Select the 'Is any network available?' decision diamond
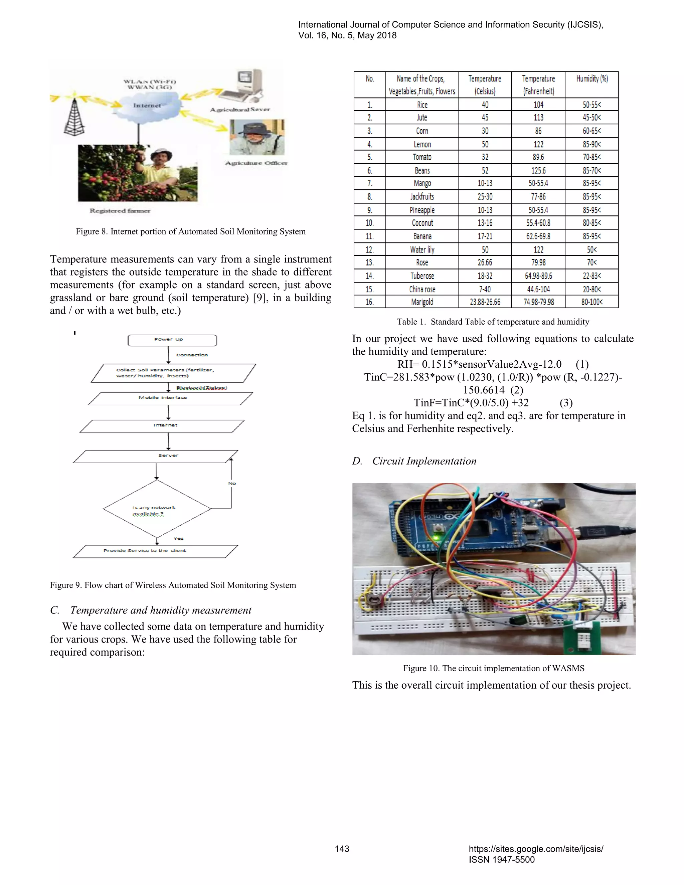point(157,509)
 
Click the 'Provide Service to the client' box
point(156,551)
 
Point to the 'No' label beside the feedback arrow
point(232,484)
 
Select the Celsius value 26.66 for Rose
point(485,262)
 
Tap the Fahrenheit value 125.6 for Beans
point(538,171)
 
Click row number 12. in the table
point(370,249)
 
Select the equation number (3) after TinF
point(566,403)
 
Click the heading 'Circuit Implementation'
point(424,461)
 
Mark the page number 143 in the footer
point(342,849)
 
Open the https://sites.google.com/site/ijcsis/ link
point(536,849)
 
